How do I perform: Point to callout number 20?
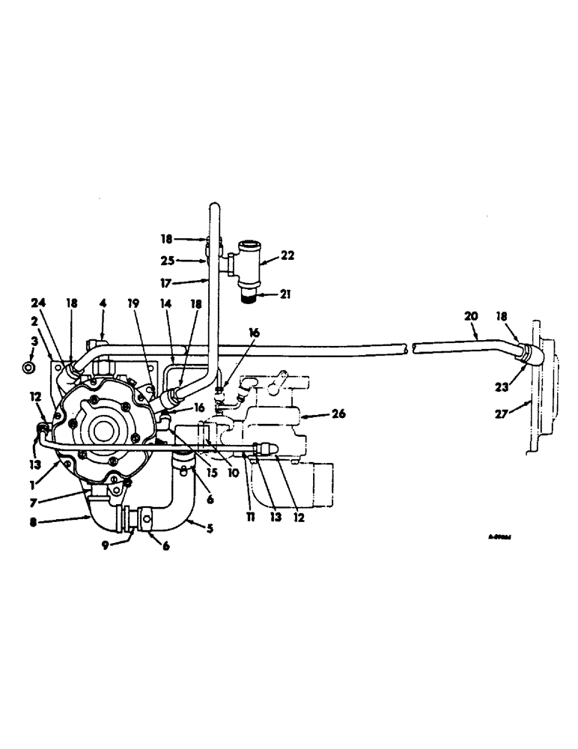[x=472, y=316]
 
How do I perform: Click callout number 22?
[x=288, y=255]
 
